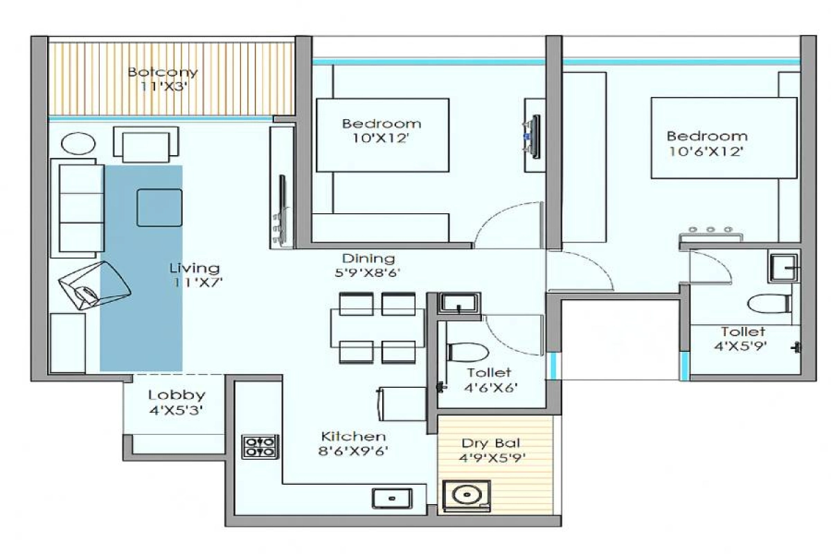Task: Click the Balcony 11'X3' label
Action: (x=163, y=79)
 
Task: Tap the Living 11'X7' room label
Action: (x=195, y=275)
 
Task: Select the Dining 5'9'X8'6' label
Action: (x=367, y=265)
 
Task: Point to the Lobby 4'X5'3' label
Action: (x=177, y=402)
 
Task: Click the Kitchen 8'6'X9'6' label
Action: (x=353, y=443)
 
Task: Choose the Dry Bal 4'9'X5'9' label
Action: (x=492, y=451)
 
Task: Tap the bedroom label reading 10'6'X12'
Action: (x=707, y=143)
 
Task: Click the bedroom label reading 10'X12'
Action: (x=382, y=131)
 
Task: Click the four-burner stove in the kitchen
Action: (x=260, y=447)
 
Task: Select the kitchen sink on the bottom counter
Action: (x=392, y=499)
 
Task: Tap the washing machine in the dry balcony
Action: (x=467, y=496)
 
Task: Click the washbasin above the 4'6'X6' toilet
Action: (x=459, y=303)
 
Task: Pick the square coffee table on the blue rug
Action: (x=159, y=208)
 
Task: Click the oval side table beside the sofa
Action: (x=78, y=143)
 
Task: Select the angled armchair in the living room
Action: (x=94, y=285)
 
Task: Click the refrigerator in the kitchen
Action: (x=402, y=404)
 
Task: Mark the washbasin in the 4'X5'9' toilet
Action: (x=783, y=268)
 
